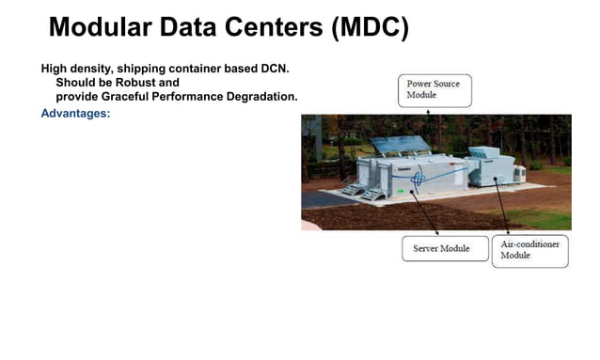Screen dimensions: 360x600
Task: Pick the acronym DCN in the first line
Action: coord(273,69)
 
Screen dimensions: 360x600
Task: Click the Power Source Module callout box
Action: coord(434,90)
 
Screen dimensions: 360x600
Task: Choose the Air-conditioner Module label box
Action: coord(531,250)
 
